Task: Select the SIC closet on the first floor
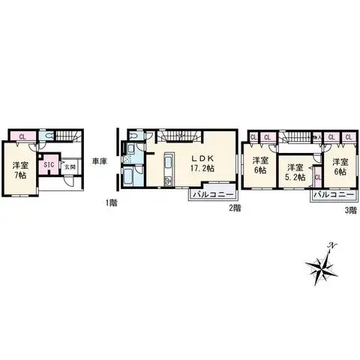(x=47, y=164)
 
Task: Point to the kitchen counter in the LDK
(x=168, y=169)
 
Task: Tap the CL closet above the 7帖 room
(x=22, y=136)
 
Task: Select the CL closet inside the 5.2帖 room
(x=318, y=178)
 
